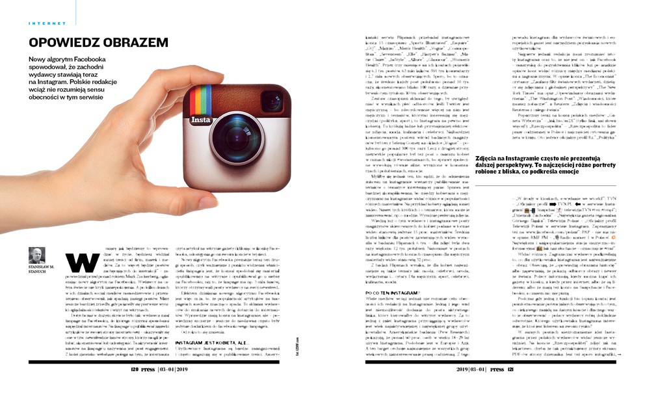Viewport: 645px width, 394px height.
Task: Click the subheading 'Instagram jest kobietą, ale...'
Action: (215, 341)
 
